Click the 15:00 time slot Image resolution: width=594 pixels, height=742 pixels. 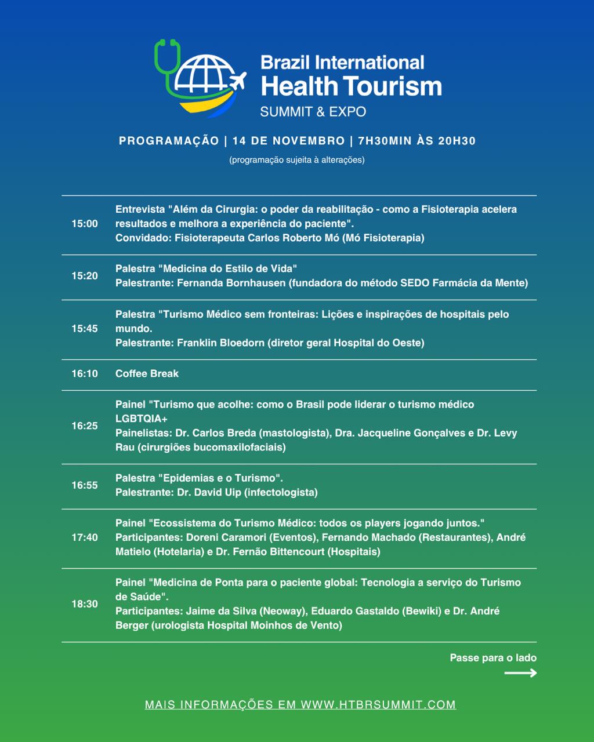[85, 224]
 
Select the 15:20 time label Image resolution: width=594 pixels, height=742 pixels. [85, 276]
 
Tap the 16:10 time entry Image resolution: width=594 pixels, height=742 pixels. [85, 374]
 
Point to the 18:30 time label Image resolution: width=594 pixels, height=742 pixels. [85, 604]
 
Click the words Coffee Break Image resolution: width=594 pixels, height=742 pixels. [147, 374]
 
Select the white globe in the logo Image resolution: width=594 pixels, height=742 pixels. [203, 75]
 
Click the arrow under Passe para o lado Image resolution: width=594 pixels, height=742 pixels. [520, 673]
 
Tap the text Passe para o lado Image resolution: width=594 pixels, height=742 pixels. [493, 658]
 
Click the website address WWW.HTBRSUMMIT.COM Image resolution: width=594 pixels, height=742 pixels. [378, 705]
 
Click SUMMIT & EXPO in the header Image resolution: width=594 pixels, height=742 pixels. [313, 111]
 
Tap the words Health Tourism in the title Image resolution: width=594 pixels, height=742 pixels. [351, 86]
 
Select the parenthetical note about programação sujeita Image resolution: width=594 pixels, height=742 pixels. [297, 160]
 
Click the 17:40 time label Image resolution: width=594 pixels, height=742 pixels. [85, 537]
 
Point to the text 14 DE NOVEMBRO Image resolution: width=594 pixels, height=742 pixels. [288, 141]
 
